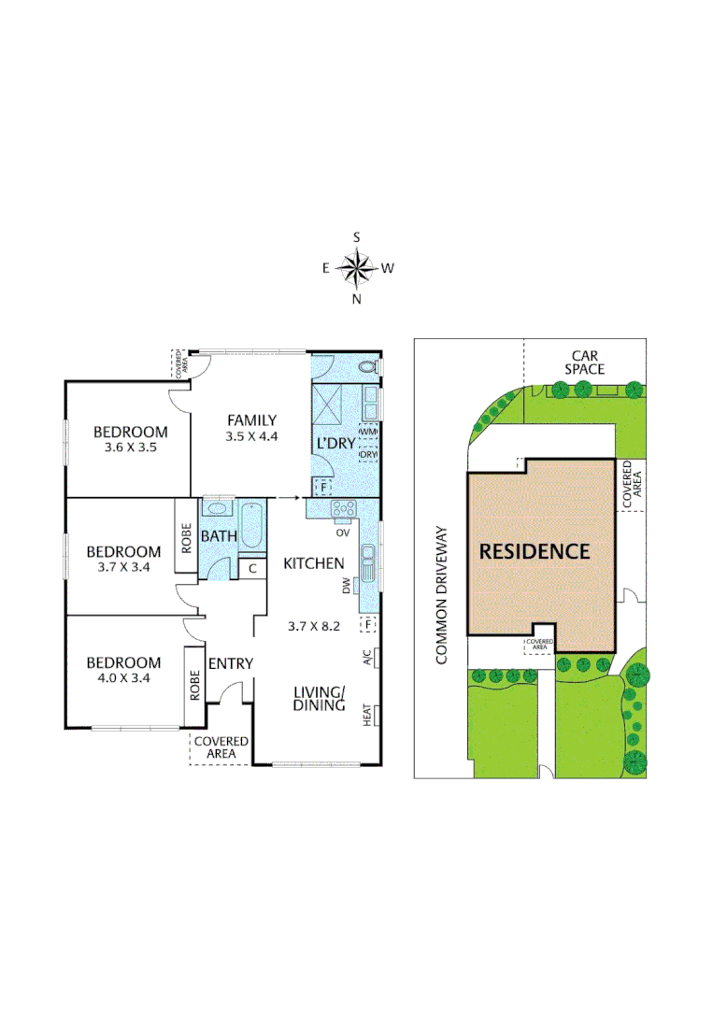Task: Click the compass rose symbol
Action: (x=356, y=268)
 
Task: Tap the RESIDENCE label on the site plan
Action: (x=535, y=551)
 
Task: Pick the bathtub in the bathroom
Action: (x=250, y=526)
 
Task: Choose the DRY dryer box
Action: (x=367, y=455)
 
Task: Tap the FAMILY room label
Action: (x=251, y=420)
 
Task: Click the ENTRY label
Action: (x=231, y=663)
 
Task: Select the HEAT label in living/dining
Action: (x=367, y=715)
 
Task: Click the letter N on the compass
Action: (x=356, y=299)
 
